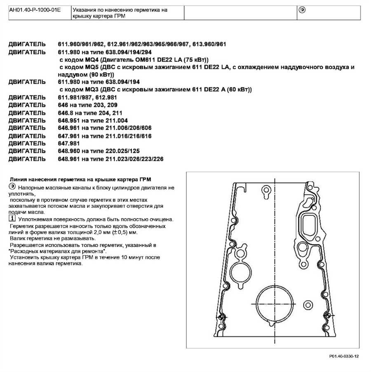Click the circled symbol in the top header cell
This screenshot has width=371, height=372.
pyautogui.click(x=302, y=9)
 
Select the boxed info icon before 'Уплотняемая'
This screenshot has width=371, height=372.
pyautogui.click(x=11, y=218)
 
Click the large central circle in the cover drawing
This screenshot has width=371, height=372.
pyautogui.click(x=273, y=303)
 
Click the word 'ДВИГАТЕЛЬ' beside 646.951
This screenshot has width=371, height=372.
pyautogui.click(x=27, y=120)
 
